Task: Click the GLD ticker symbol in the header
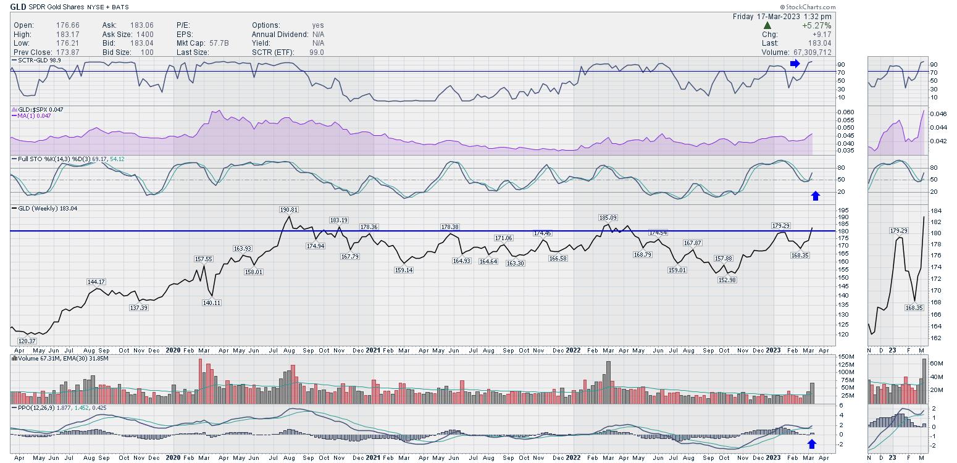(18, 7)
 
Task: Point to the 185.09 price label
(608, 217)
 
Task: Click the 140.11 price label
(212, 302)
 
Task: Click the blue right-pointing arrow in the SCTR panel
(795, 64)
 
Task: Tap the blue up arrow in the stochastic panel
(816, 196)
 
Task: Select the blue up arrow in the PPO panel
(812, 444)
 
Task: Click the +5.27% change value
(817, 26)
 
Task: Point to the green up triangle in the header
(767, 26)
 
